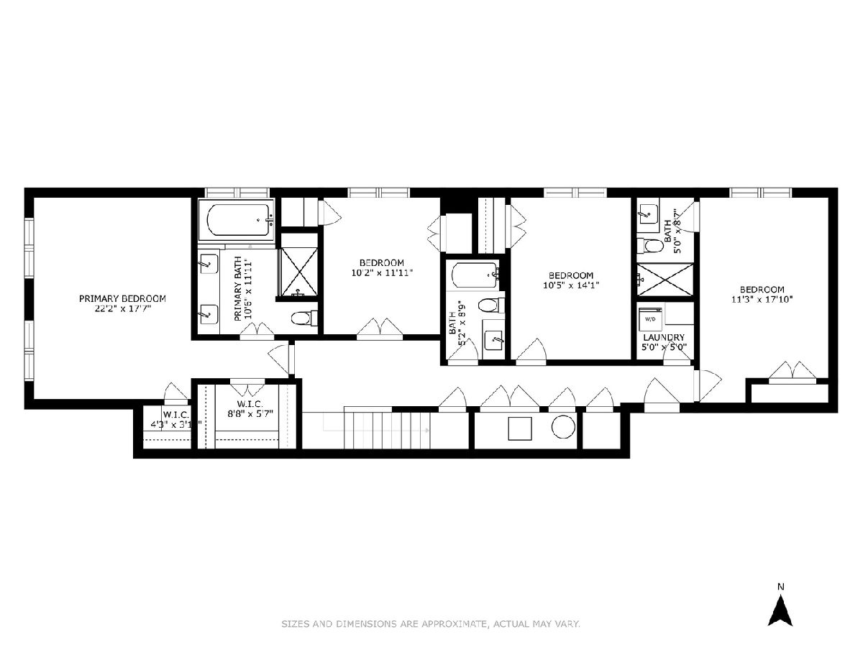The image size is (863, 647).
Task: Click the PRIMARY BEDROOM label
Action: tap(122, 299)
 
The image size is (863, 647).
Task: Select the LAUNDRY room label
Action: tap(664, 337)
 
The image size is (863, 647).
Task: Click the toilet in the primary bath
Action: tap(304, 318)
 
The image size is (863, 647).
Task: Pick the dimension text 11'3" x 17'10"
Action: tap(762, 299)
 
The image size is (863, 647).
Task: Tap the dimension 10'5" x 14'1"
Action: tap(571, 285)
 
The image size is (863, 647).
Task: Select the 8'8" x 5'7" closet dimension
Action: tap(250, 413)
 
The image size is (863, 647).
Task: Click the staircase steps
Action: tap(387, 428)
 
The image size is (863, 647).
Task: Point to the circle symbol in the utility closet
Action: tap(563, 426)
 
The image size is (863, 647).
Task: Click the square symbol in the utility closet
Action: tap(520, 428)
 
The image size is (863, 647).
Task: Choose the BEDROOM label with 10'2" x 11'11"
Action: tap(381, 263)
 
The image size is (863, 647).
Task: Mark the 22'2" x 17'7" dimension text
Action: tap(122, 309)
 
